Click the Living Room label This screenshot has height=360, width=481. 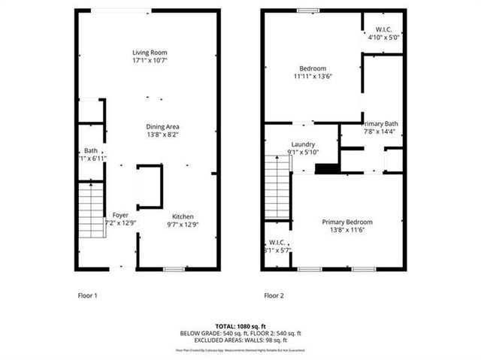[148, 53]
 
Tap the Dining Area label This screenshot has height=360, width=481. [162, 126]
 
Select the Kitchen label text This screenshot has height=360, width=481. [183, 215]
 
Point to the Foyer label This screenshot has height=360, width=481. [120, 215]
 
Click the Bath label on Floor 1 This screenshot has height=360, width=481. [91, 150]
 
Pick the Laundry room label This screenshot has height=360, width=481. [303, 145]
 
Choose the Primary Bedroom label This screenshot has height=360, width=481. [346, 222]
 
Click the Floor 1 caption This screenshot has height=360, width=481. [88, 295]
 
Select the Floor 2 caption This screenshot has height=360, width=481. [274, 295]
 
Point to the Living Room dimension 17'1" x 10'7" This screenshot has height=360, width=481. [148, 61]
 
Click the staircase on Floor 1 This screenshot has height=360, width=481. [90, 210]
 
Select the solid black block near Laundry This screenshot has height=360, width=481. [325, 168]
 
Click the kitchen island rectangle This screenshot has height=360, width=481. [150, 186]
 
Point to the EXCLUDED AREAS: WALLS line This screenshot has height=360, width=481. [240, 340]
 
